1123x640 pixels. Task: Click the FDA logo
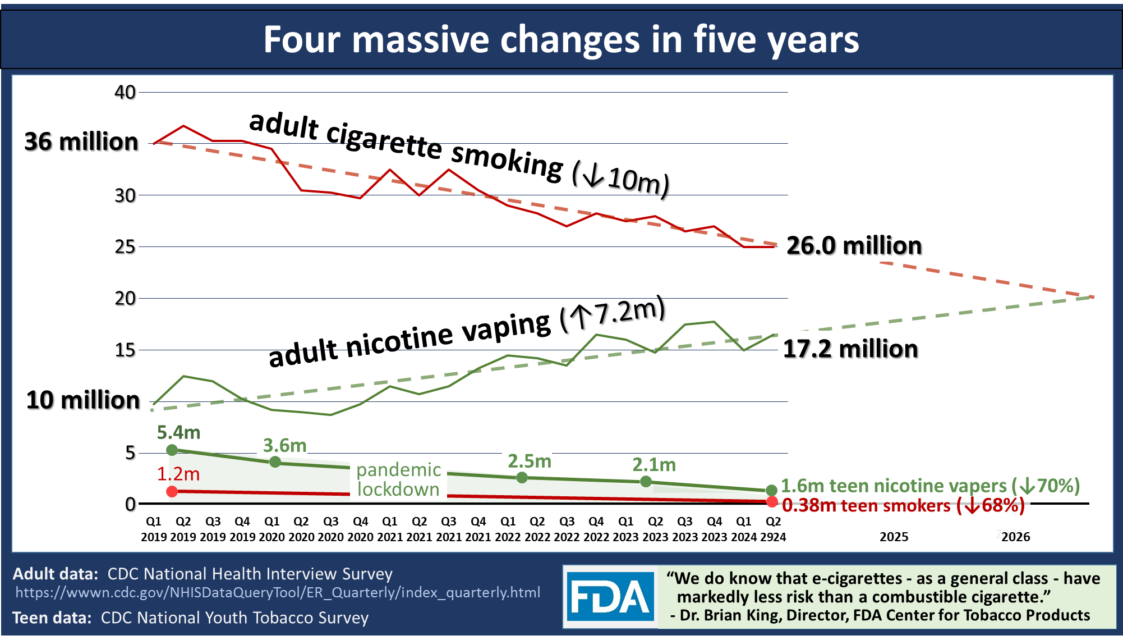[x=610, y=597]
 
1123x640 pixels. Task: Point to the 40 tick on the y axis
[x=125, y=92]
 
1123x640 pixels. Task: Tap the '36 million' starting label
[x=81, y=141]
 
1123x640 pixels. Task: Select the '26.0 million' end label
[x=854, y=246]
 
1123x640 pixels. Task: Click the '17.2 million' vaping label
[x=850, y=349]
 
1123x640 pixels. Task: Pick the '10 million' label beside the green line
[x=83, y=400]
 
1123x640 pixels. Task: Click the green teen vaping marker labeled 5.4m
[x=172, y=450]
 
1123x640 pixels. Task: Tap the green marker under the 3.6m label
[x=275, y=462]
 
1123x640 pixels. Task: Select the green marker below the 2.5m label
[x=522, y=477]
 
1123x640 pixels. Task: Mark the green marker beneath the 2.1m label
[x=646, y=481]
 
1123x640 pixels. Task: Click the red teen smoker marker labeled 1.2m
[x=172, y=491]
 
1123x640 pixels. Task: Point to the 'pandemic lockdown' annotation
[x=399, y=479]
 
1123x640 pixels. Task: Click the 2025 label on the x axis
[x=894, y=537]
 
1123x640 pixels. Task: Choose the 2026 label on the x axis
[x=1015, y=537]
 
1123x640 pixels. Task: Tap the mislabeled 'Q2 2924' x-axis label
[x=773, y=529]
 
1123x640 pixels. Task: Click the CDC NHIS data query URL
[x=278, y=592]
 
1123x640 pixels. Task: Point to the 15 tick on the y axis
[x=125, y=350]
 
